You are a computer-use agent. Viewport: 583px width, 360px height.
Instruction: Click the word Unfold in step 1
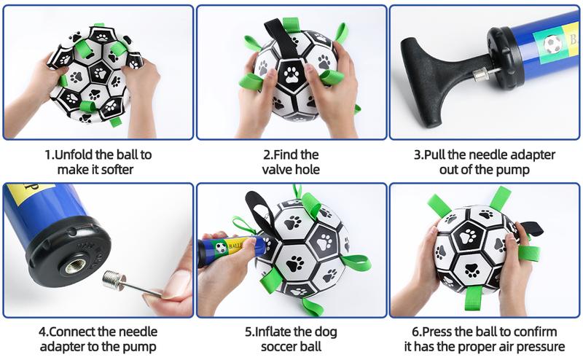pyautogui.click(x=74, y=154)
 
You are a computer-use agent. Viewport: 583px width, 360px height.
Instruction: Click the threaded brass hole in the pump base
pyautogui.click(x=76, y=265)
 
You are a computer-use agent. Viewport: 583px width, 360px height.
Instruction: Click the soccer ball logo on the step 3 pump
pyautogui.click(x=552, y=44)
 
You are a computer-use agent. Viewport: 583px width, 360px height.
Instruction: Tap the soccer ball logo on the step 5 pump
pyautogui.click(x=221, y=248)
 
